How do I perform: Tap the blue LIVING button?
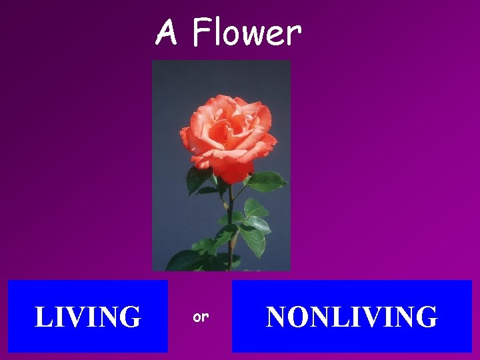point(87,316)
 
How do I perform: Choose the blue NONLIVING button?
point(351,316)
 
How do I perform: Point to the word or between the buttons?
point(200,317)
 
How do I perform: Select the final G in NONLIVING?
point(427,317)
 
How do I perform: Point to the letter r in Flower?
point(294,35)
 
